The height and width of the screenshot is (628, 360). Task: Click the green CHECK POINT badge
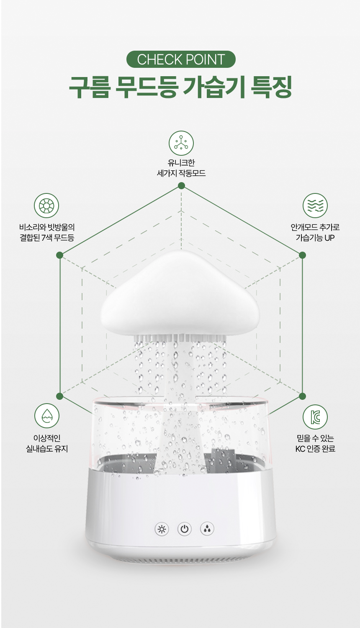tap(181, 59)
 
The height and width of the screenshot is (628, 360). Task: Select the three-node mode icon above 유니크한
tap(181, 143)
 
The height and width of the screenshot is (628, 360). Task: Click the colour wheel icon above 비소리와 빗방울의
tap(46, 206)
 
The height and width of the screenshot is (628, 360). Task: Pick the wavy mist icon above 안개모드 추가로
tap(315, 206)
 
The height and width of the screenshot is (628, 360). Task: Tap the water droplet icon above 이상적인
tap(47, 416)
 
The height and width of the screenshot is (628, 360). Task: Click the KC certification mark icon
tap(315, 417)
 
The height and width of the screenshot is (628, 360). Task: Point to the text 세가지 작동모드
tap(181, 173)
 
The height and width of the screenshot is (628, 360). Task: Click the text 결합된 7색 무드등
tap(47, 238)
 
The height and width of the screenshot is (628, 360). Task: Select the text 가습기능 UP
tap(315, 238)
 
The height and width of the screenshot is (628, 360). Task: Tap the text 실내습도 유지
tap(47, 449)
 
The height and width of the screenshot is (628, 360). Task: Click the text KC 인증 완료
tap(315, 449)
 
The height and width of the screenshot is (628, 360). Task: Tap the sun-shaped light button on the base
tap(162, 529)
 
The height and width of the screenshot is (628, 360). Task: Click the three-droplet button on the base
tap(207, 529)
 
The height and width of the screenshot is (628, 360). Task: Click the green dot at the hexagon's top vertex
tap(181, 185)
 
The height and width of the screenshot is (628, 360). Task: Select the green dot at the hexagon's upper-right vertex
tap(302, 255)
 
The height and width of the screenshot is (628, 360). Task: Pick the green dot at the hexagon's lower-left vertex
tap(60, 396)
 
